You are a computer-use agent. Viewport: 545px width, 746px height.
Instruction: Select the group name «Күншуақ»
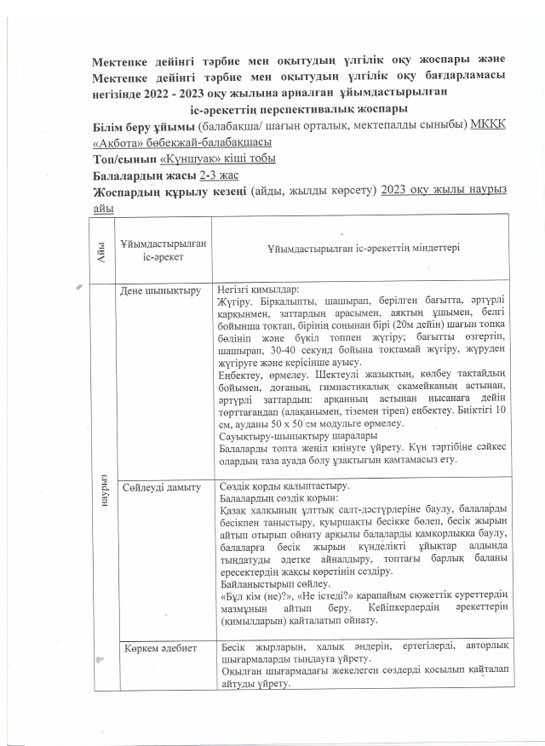[x=184, y=158]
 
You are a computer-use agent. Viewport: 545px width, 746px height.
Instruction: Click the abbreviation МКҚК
[x=488, y=125]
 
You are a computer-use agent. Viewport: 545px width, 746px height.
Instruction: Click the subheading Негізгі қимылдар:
[x=259, y=289]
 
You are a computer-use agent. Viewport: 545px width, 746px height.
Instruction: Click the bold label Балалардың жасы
[x=144, y=175]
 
